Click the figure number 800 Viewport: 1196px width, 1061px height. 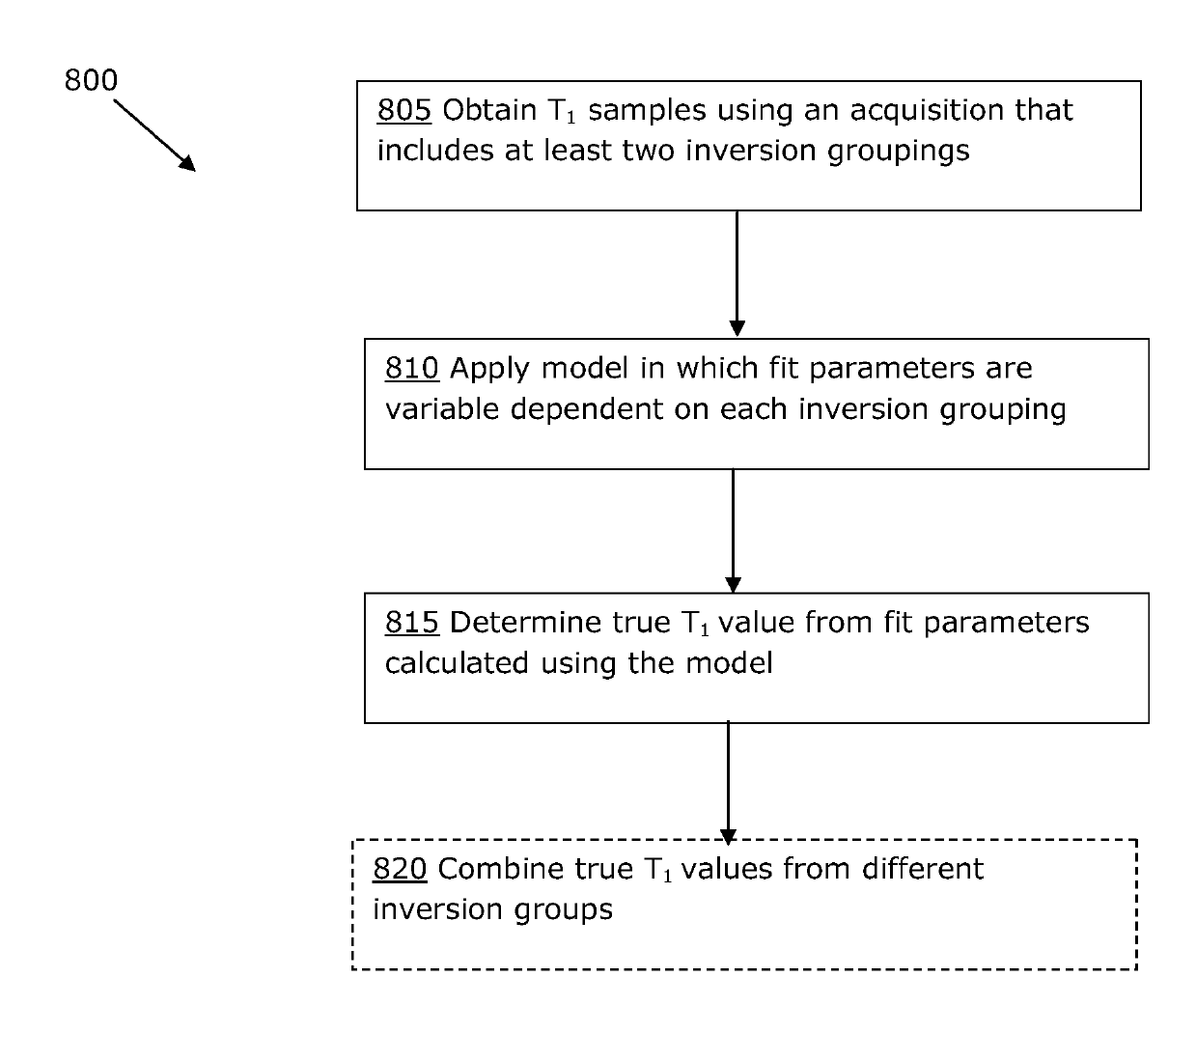[x=91, y=80]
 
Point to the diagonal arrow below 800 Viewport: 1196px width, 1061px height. [x=154, y=135]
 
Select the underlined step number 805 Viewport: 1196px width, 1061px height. [x=404, y=110]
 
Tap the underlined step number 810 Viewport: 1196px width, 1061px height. [x=411, y=369]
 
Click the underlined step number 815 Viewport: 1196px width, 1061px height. [x=412, y=623]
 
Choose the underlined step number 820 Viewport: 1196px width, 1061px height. [x=400, y=869]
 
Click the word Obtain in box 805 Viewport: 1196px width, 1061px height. [x=489, y=110]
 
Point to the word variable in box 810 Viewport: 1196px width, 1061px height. [x=442, y=409]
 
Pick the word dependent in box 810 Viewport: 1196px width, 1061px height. [x=587, y=409]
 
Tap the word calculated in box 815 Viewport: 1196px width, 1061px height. [x=457, y=663]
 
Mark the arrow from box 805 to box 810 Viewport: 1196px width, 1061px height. [x=737, y=273]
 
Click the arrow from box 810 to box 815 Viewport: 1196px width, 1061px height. [x=733, y=531]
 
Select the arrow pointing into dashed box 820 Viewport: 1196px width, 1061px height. [x=728, y=783]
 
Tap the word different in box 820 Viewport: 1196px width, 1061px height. [x=923, y=869]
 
